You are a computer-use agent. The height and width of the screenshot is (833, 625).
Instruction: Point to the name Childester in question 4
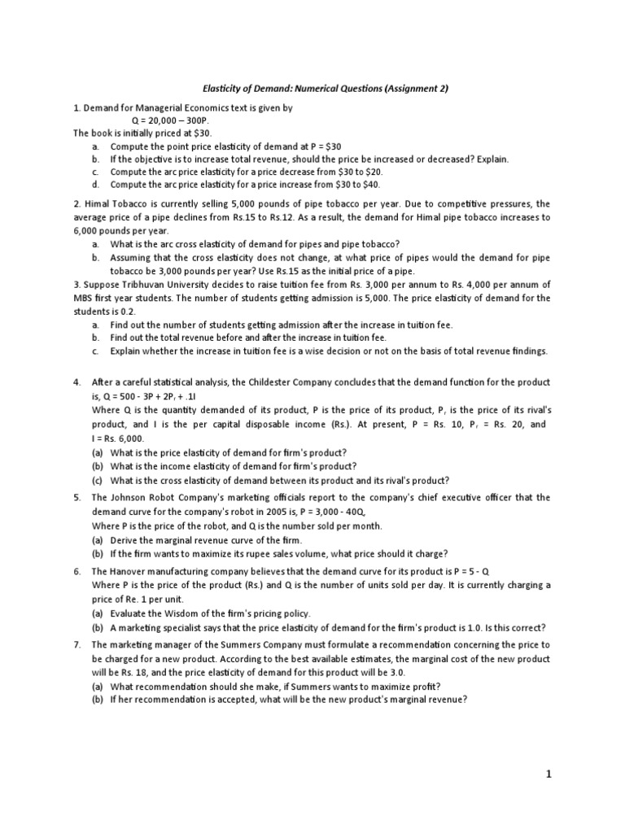(300, 382)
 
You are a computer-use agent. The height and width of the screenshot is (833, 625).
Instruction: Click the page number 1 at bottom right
(549, 775)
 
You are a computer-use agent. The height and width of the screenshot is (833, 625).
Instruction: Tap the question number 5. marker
(76, 497)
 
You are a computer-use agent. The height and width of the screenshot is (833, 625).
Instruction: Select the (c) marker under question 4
(97, 480)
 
